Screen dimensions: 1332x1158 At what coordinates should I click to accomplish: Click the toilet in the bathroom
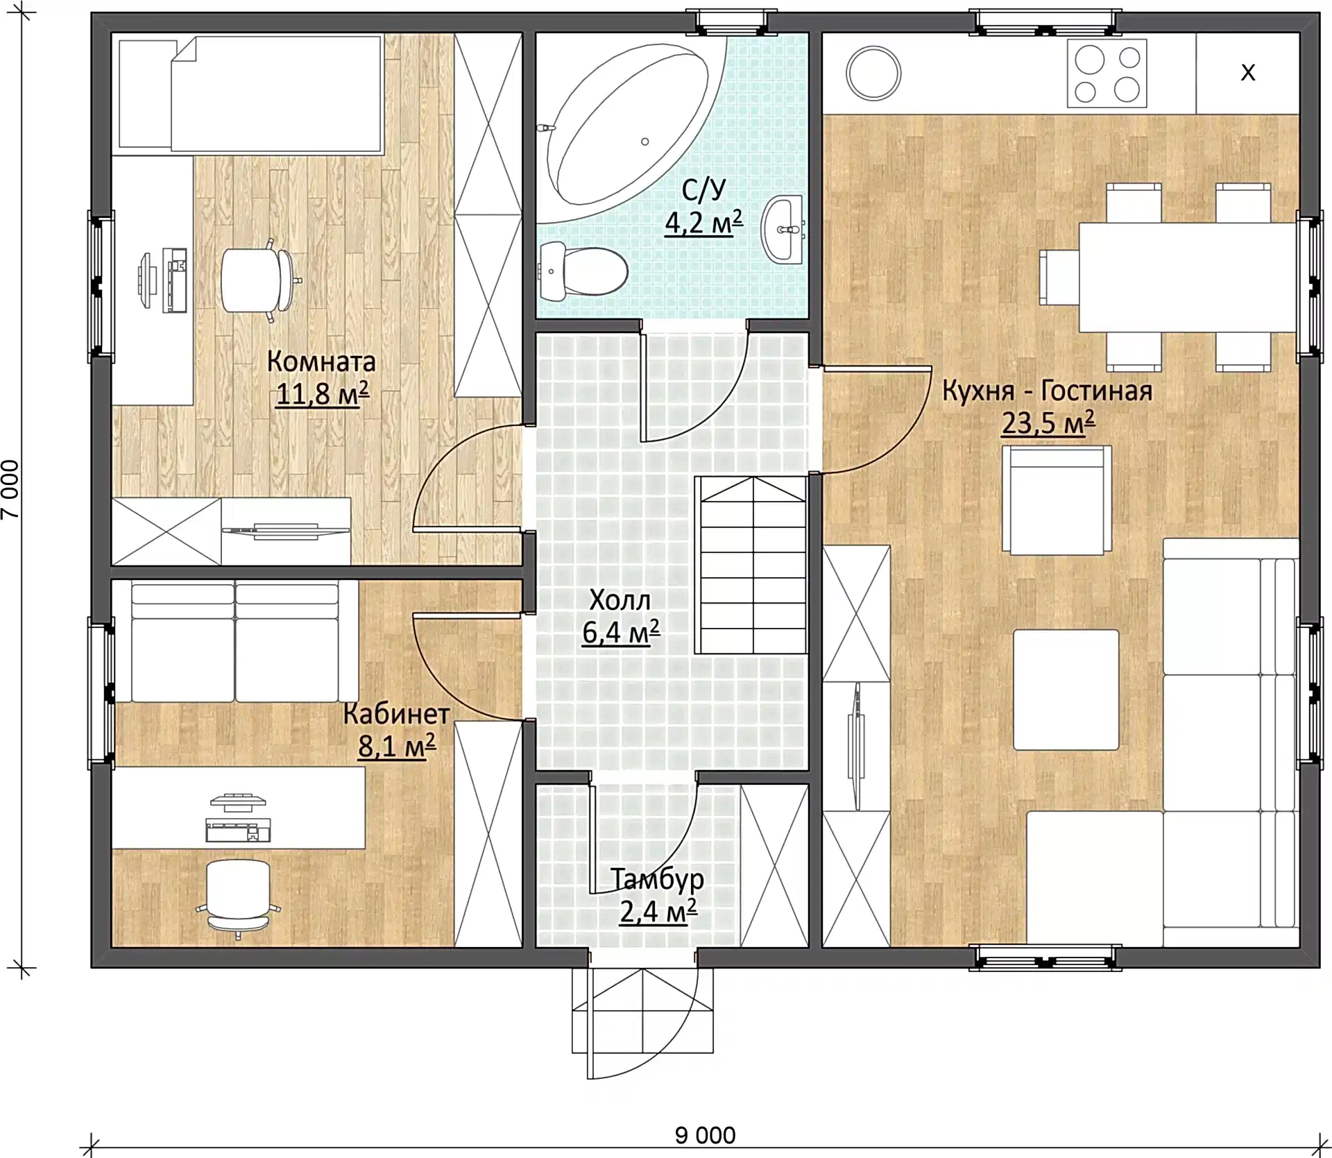583,271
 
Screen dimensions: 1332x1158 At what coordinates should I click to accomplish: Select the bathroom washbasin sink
783,228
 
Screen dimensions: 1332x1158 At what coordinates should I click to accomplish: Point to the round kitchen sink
873,73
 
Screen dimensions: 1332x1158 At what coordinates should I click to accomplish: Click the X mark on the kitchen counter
1247,73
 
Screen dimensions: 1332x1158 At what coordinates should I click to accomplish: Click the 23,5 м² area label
1048,422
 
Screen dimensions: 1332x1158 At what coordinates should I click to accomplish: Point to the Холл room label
620,600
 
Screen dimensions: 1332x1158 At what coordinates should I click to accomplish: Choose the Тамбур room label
657,879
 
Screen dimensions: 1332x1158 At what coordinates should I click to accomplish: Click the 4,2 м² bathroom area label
703,222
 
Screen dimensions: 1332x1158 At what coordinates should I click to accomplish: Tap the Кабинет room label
396,713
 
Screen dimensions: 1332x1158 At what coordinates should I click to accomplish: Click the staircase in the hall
752,565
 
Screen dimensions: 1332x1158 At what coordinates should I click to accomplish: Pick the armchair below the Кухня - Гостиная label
1056,500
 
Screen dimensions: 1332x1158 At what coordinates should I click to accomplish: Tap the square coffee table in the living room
1066,690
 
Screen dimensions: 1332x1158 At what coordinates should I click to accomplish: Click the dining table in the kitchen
1187,278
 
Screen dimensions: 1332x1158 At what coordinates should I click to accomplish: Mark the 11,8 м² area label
322,393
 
